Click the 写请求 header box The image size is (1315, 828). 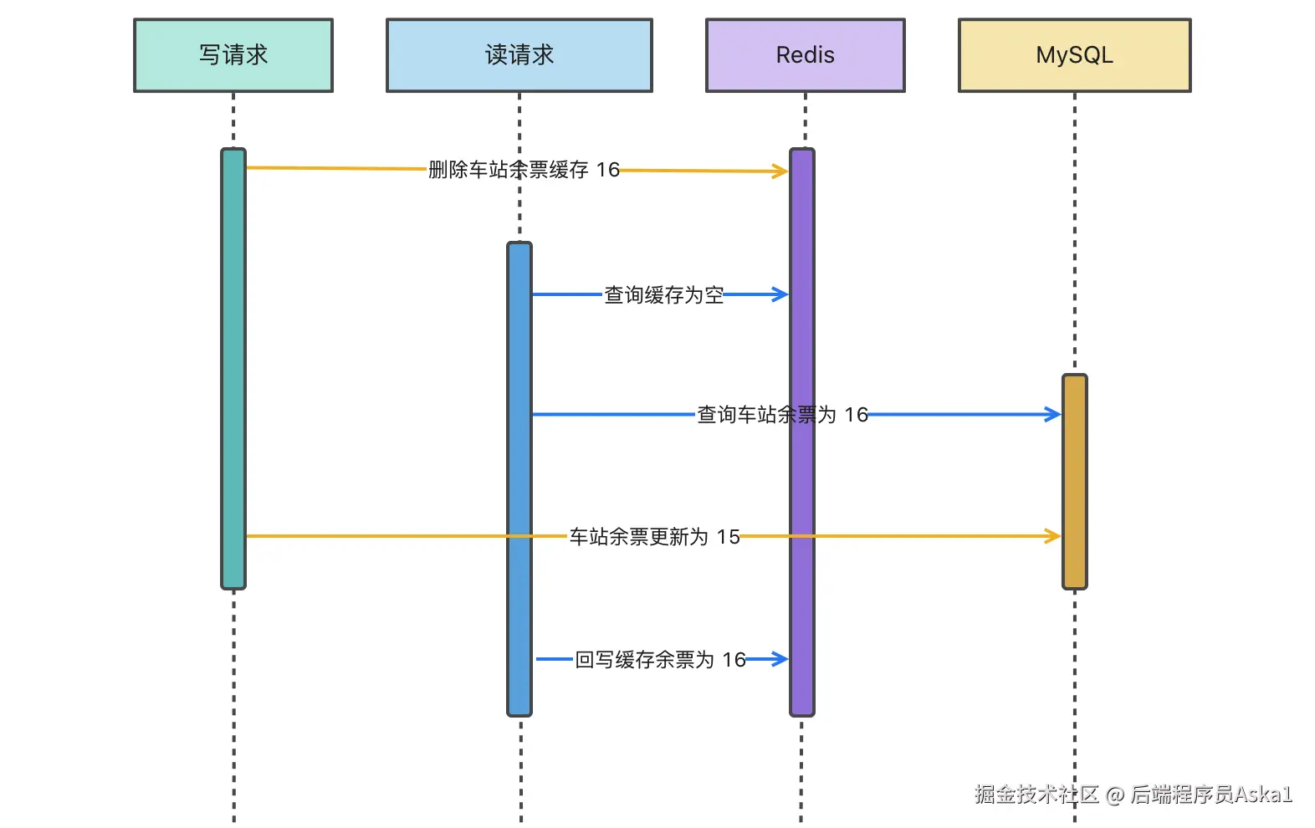tap(233, 55)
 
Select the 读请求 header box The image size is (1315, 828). tap(519, 55)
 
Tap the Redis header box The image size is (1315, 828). tap(805, 55)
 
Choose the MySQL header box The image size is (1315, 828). tap(1074, 55)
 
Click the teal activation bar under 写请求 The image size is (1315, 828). tap(233, 369)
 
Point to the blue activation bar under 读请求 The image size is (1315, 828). tap(519, 479)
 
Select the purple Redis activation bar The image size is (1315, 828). tap(802, 432)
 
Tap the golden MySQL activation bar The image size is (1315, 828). tap(1074, 481)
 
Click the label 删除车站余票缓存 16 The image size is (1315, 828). tap(524, 170)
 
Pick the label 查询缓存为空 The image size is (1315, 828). tap(663, 294)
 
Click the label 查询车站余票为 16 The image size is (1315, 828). tap(782, 414)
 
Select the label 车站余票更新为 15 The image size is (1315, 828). tap(654, 536)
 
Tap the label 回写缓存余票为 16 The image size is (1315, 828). tap(660, 660)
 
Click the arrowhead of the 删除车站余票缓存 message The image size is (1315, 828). tap(785, 171)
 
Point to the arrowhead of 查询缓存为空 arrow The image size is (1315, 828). tap(785, 294)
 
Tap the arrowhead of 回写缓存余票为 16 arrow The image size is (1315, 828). tap(785, 659)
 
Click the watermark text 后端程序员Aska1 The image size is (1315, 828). tap(1210, 794)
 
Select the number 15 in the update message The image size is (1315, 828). tap(728, 536)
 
